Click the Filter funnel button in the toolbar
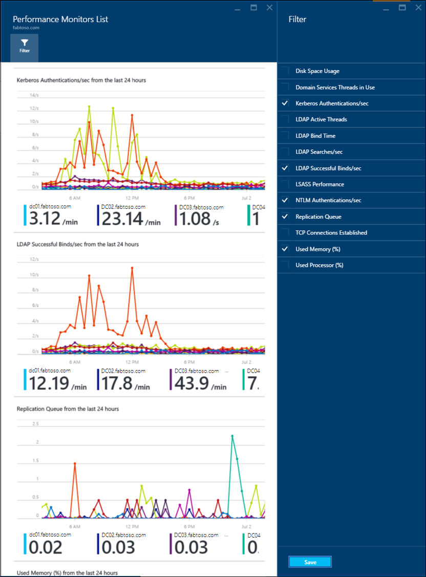pyautogui.click(x=24, y=46)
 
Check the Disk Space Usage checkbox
pyautogui.click(x=285, y=71)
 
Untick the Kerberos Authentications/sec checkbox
pyautogui.click(x=285, y=103)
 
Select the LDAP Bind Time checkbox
pyautogui.click(x=285, y=136)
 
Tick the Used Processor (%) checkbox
pyautogui.click(x=285, y=265)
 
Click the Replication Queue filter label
pyautogui.click(x=318, y=217)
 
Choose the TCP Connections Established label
pyautogui.click(x=331, y=233)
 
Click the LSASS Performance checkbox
pyautogui.click(x=285, y=184)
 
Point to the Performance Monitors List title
pyautogui.click(x=60, y=19)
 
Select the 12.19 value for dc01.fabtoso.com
pyautogui.click(x=49, y=383)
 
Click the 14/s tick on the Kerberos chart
pyautogui.click(x=34, y=95)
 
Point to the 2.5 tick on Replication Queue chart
pyautogui.click(x=35, y=424)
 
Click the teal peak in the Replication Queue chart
pyautogui.click(x=232, y=436)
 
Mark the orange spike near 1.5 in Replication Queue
pyautogui.click(x=75, y=463)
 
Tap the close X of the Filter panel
pyautogui.click(x=418, y=8)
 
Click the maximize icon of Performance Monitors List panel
pyautogui.click(x=253, y=8)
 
